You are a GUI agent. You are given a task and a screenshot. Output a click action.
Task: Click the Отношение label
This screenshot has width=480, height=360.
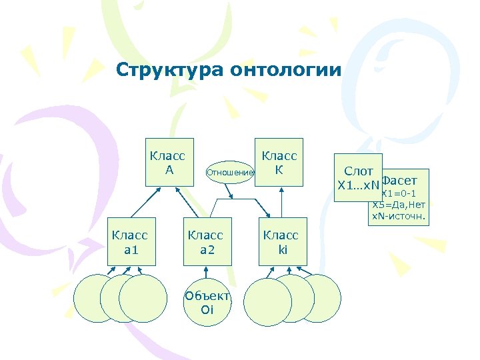[230, 173]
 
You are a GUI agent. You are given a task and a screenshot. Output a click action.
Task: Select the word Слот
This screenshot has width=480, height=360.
[358, 171]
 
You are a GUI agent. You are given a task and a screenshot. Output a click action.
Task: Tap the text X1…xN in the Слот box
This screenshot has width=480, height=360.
[358, 185]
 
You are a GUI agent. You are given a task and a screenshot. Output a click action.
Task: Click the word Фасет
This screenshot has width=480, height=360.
[399, 181]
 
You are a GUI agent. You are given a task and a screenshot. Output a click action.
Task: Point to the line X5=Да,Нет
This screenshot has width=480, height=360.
[399, 205]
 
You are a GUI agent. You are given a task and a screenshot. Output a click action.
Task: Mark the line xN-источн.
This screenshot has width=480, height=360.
[399, 217]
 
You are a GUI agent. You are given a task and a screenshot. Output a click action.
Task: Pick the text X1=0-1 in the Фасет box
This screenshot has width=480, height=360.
[399, 193]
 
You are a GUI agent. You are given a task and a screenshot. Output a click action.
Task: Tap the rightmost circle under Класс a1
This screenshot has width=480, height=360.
[144, 298]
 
